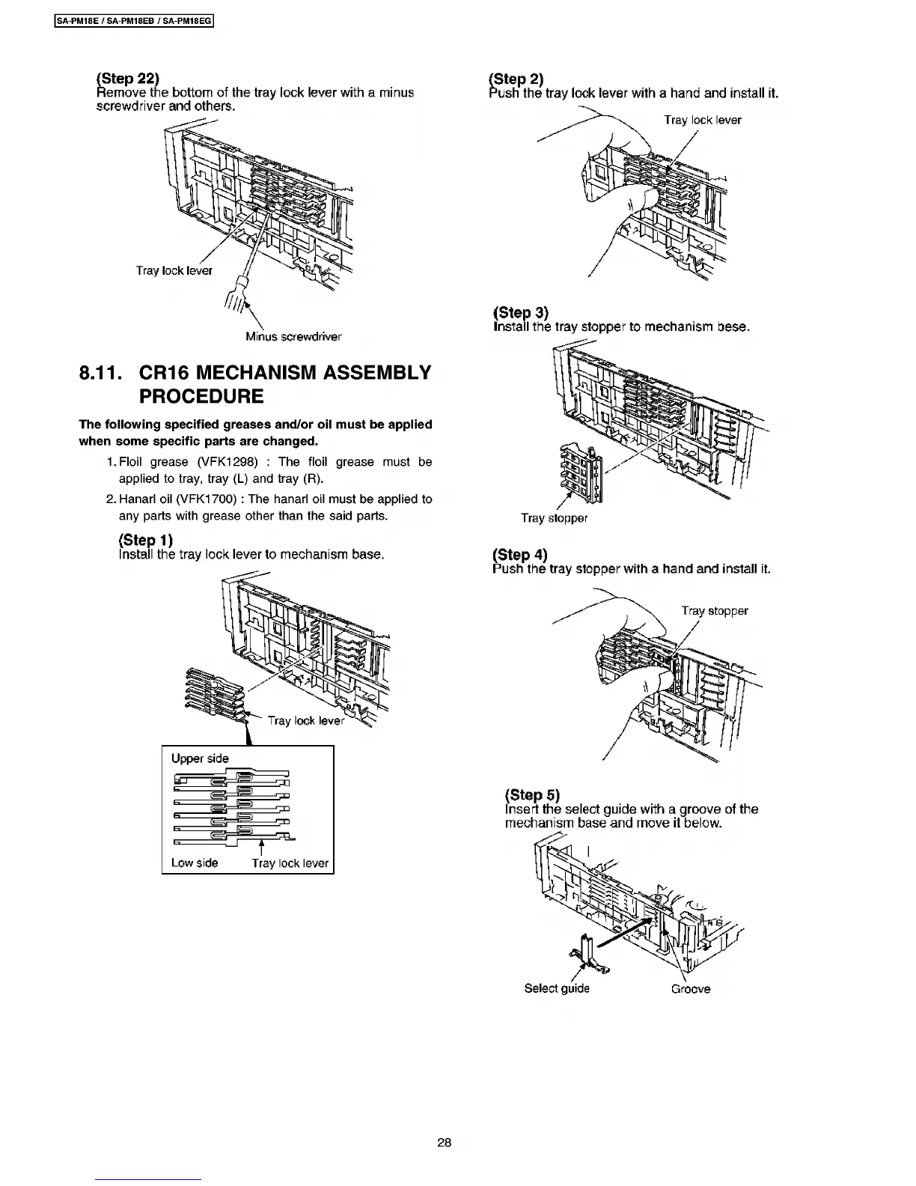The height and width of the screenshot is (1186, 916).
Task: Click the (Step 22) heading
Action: [128, 78]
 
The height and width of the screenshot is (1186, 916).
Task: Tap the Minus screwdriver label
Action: [293, 336]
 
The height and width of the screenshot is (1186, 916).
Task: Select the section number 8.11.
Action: [103, 373]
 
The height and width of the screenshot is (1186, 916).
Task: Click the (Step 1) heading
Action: [146, 540]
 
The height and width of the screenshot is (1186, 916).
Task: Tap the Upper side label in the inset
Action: [200, 758]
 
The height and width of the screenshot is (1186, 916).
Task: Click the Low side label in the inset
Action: [195, 863]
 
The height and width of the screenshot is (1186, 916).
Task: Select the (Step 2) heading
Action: [516, 79]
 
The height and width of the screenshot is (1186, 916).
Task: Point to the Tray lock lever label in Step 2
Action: [702, 120]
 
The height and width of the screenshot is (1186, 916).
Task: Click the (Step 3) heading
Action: [521, 312]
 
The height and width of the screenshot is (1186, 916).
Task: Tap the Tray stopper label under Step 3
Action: [554, 518]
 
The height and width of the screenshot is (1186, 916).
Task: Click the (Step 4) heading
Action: [520, 554]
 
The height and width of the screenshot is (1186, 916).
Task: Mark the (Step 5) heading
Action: [532, 794]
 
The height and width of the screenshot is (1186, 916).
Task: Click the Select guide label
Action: [557, 988]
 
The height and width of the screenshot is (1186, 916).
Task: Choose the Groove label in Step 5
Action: [690, 989]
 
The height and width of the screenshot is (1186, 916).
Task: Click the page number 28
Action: [445, 1143]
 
